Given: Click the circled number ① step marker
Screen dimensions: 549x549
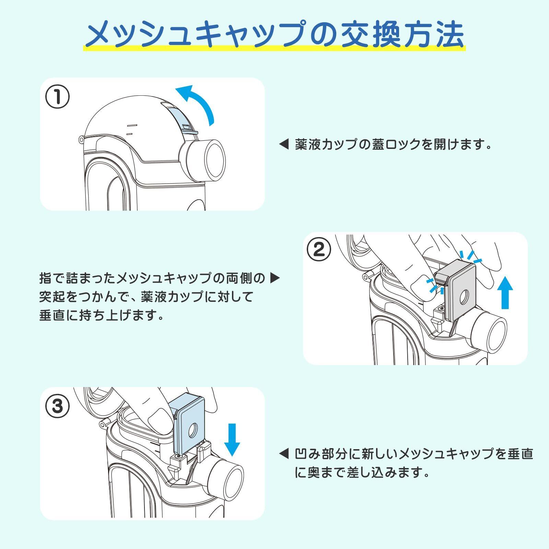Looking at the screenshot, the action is point(57,97).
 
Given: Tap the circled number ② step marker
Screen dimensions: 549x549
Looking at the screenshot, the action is point(319,249).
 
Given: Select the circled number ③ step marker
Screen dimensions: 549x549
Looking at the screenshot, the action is point(57,406).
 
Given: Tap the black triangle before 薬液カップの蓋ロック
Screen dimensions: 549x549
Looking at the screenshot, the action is point(284,144).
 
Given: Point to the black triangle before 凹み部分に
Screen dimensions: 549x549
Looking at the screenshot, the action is point(284,454).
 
